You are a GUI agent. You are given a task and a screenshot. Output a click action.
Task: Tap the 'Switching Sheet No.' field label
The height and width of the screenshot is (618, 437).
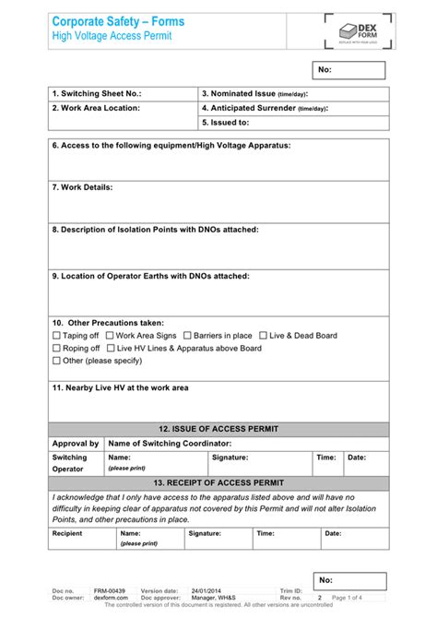click(97, 94)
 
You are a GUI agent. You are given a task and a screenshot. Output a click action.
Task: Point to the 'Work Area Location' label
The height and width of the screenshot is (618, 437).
click(96, 108)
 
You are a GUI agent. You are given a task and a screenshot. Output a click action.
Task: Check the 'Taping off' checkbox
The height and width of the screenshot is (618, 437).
click(56, 336)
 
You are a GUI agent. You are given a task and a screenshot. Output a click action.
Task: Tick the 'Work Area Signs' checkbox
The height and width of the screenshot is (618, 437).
click(109, 336)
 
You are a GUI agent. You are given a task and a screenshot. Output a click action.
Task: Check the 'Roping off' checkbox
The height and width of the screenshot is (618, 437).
click(56, 349)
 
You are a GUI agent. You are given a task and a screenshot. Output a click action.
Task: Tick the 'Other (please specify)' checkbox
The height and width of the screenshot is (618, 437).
click(56, 362)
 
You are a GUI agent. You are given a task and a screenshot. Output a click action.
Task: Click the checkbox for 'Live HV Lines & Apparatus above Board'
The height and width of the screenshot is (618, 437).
click(112, 349)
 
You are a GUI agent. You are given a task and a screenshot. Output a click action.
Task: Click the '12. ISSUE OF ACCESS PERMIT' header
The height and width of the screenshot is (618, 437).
click(218, 429)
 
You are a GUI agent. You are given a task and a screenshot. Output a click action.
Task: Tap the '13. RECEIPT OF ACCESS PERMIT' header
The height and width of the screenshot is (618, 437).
click(218, 482)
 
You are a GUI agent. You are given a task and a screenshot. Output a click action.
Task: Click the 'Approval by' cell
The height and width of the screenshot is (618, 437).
click(76, 444)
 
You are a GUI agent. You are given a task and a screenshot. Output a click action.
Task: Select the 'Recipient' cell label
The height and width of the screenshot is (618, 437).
click(67, 533)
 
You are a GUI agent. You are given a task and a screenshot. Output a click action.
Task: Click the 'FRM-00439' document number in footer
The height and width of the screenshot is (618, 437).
click(110, 590)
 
